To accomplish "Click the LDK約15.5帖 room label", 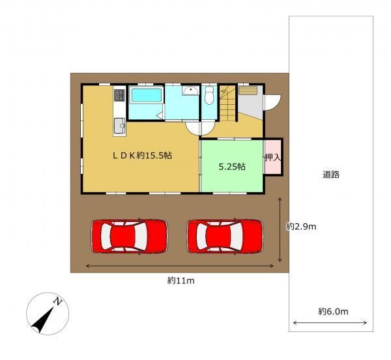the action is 142,156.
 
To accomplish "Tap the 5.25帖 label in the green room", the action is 232,167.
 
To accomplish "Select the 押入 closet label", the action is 273,158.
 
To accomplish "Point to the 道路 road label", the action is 331,174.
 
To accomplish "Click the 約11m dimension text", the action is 181,281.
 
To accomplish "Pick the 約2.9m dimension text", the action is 301,227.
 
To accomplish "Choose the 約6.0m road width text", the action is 333,311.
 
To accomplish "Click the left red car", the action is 129,236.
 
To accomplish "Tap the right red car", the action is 225,236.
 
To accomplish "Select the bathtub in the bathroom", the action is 147,96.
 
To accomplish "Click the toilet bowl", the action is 209,96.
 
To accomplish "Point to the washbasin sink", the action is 190,90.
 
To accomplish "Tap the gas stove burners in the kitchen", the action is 119,95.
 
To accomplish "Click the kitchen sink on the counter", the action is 119,126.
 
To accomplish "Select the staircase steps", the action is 228,104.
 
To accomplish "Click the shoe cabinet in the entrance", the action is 248,90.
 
